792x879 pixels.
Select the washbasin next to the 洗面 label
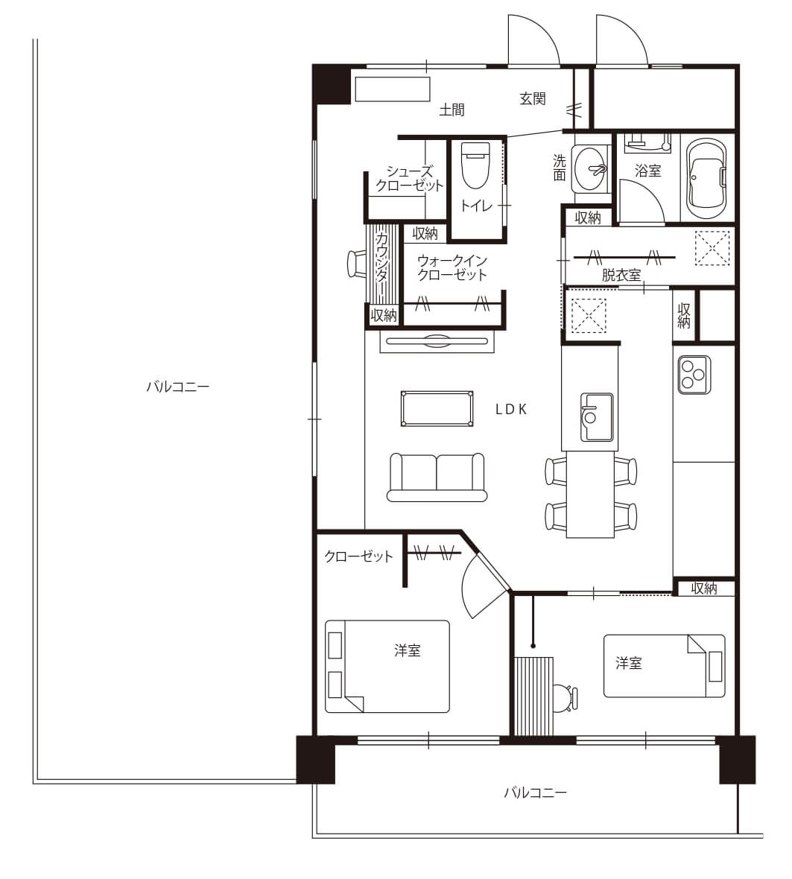590,168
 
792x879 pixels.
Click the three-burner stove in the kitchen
694,374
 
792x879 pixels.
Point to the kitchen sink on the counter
596,416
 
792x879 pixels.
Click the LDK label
511,410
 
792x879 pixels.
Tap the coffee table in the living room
437,409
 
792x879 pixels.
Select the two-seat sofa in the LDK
437,477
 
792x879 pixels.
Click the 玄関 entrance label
533,98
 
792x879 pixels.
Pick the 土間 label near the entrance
452,110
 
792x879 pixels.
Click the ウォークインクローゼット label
452,267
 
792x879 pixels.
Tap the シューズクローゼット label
409,179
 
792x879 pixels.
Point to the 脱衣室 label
621,276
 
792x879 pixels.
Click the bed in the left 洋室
387,666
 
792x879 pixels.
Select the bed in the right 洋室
664,666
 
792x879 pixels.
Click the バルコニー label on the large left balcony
177,387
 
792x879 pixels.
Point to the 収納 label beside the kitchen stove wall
683,316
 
